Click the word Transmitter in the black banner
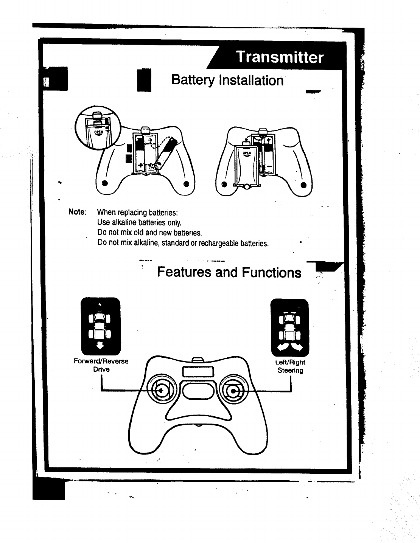pos(280,57)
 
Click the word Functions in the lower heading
pos(272,272)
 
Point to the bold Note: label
pos(77,212)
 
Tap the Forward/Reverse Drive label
pos(101,365)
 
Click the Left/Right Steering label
pos(290,366)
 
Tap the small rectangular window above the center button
pos(199,372)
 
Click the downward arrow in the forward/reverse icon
pos(100,344)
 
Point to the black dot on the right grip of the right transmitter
pos(303,185)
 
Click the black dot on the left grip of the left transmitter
pos(105,184)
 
